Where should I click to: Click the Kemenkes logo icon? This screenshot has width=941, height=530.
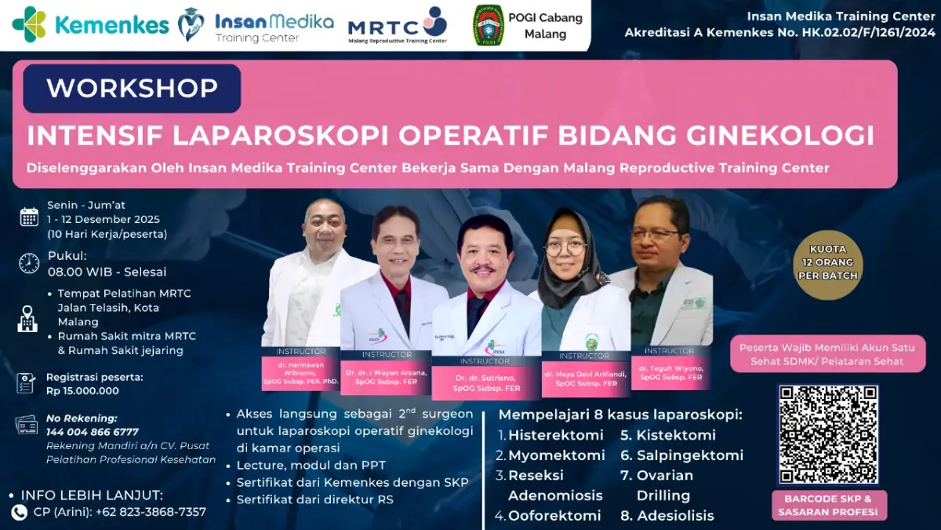(30, 24)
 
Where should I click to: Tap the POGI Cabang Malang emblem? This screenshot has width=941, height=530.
(489, 25)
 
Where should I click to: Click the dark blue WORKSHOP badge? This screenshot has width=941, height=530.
(132, 89)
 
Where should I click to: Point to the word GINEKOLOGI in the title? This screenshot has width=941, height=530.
(779, 135)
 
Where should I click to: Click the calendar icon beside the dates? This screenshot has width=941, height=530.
(29, 217)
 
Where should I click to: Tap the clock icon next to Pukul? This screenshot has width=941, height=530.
(29, 263)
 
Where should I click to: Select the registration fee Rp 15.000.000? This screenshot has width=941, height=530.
(82, 391)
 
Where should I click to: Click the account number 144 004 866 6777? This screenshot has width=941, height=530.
(92, 432)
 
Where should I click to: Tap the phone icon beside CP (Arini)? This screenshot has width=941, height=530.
(20, 512)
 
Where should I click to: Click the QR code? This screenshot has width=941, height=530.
(828, 433)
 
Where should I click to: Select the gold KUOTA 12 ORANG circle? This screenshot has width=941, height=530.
(828, 265)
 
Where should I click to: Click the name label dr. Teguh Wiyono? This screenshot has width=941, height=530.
(671, 373)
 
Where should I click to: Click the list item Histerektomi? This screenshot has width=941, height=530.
(555, 435)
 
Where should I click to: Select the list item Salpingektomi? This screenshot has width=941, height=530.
(689, 455)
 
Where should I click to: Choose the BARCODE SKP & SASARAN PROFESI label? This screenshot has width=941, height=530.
(828, 506)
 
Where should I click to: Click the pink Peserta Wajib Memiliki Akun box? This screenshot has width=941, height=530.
(828, 354)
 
